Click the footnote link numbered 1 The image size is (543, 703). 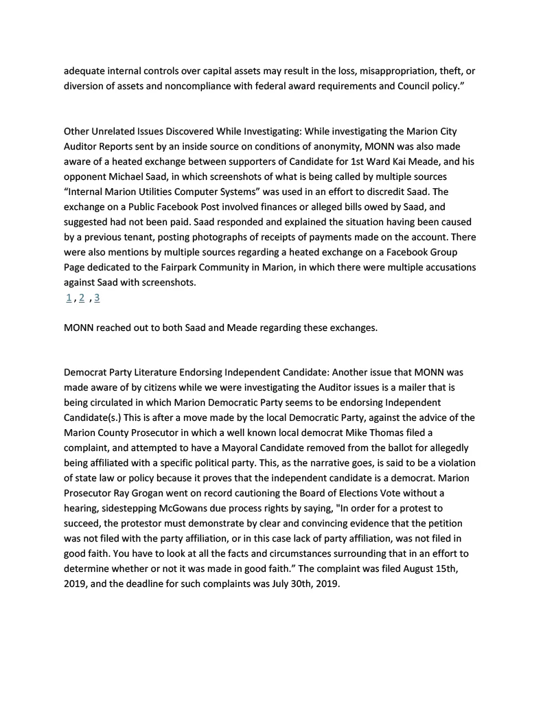pyautogui.click(x=69, y=297)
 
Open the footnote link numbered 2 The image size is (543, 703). pyautogui.click(x=82, y=297)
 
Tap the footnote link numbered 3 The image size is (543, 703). pyautogui.click(x=97, y=297)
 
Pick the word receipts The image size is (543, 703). pyautogui.click(x=283, y=238)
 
